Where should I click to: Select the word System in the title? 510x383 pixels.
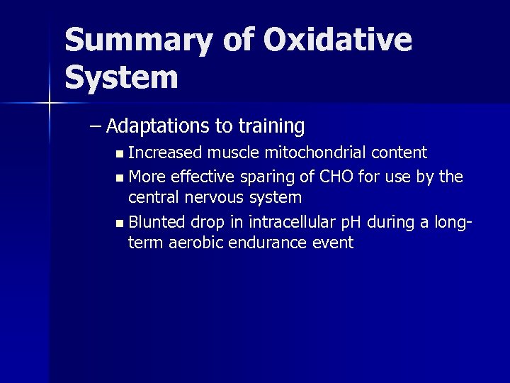click(x=121, y=77)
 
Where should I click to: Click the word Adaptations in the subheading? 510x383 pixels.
click(x=159, y=127)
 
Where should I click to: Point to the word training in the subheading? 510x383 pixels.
click(x=272, y=127)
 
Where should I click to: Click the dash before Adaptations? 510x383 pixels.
click(x=96, y=127)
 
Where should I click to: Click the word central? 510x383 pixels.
click(x=154, y=196)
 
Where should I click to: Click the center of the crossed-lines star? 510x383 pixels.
click(x=49, y=104)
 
